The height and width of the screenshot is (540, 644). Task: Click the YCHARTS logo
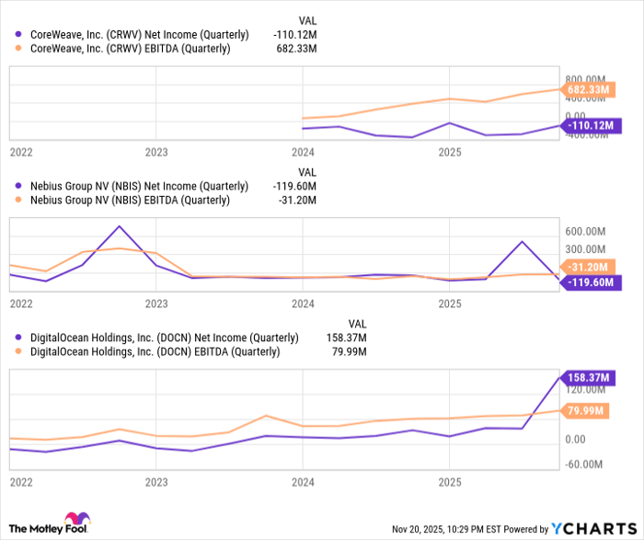click(592, 529)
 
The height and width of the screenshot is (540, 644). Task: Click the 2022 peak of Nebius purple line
click(120, 226)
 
